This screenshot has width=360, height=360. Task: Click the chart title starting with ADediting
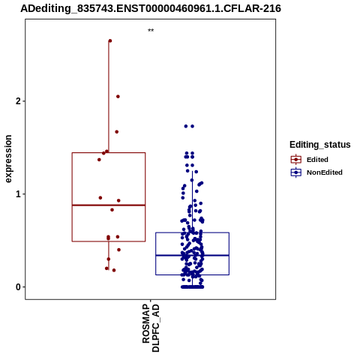pyautogui.click(x=151, y=8)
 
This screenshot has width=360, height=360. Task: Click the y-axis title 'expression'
pyautogui.click(x=8, y=159)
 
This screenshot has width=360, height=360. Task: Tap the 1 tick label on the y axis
pyautogui.click(x=18, y=194)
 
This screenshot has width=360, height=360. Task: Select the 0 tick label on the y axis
pyautogui.click(x=18, y=287)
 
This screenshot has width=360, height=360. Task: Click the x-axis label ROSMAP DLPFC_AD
pyautogui.click(x=151, y=328)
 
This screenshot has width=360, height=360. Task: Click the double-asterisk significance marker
pyautogui.click(x=151, y=31)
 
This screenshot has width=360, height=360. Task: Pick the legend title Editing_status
pyautogui.click(x=320, y=145)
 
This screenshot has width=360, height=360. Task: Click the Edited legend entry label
pyautogui.click(x=317, y=160)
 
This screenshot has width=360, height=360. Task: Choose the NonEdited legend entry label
pyautogui.click(x=325, y=172)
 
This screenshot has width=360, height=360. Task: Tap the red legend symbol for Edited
pyautogui.click(x=296, y=160)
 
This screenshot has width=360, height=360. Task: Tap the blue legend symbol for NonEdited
pyautogui.click(x=296, y=172)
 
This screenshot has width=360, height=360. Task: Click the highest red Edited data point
pyautogui.click(x=110, y=40)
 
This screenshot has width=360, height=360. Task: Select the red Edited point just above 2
pyautogui.click(x=118, y=97)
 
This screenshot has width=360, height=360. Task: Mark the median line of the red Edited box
pyautogui.click(x=109, y=205)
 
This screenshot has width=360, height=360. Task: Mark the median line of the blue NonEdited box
pyautogui.click(x=193, y=255)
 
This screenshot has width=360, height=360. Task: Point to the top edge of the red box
pyautogui.click(x=109, y=152)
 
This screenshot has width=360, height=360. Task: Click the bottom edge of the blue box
pyautogui.click(x=193, y=274)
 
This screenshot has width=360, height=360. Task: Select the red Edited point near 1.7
pyautogui.click(x=117, y=132)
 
